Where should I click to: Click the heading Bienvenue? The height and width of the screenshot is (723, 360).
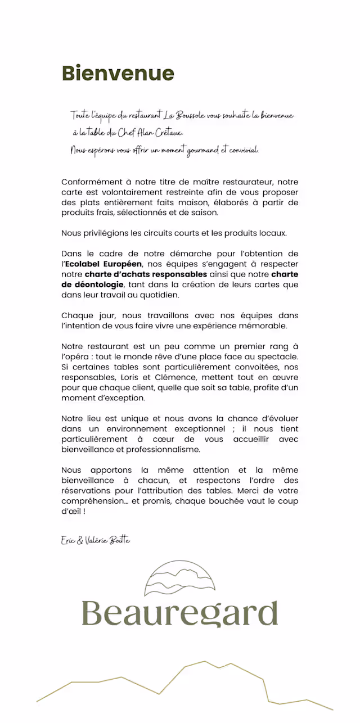pos(118,74)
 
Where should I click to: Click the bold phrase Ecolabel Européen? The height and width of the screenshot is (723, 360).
pos(104,264)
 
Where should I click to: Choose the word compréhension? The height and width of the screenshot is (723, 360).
pos(91,501)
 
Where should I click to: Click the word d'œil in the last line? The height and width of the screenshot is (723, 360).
pos(71,512)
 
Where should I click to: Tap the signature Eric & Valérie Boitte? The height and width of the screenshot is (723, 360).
pos(96,540)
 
